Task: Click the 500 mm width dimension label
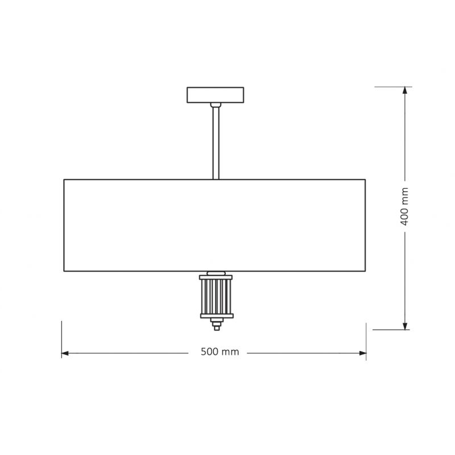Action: [220, 351]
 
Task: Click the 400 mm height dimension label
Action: [404, 206]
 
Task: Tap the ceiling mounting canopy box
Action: [216, 95]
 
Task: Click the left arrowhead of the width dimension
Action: [65, 353]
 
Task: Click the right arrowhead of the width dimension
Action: [363, 353]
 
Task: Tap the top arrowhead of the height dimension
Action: [405, 90]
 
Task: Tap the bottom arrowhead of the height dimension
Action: [405, 326]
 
